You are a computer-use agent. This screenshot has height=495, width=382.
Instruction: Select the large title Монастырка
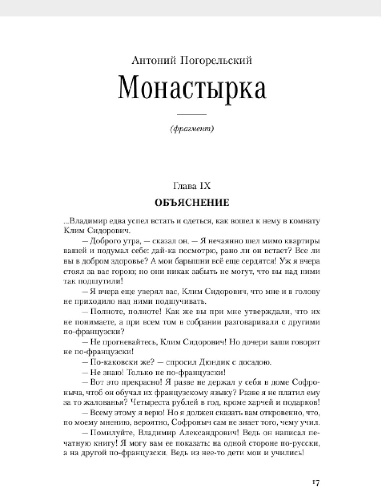click(x=192, y=89)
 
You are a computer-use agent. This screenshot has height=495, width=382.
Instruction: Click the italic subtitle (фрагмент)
click(x=191, y=129)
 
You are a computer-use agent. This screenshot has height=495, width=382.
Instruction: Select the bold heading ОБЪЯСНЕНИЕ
click(x=192, y=202)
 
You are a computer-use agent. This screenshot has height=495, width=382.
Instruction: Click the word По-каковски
click(x=110, y=362)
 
